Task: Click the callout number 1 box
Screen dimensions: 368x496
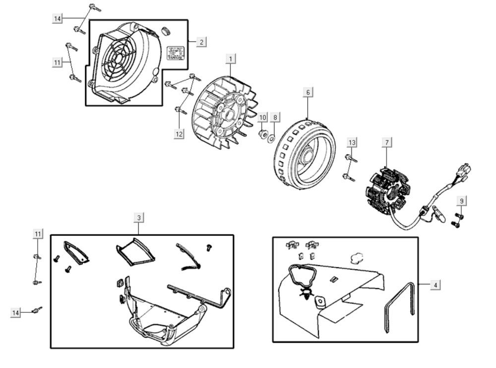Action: [x=230, y=59]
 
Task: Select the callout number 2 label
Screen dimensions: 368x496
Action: [x=201, y=42]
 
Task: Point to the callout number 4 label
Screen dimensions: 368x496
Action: [x=435, y=285]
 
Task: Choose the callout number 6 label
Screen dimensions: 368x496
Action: [x=308, y=92]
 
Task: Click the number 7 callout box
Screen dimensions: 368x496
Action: [x=386, y=143]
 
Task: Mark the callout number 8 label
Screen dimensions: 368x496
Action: [x=275, y=118]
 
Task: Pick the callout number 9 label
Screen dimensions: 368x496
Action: [x=461, y=201]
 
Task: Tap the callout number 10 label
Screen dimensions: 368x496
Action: [x=263, y=118]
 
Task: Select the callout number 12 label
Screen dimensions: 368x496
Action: [x=179, y=133]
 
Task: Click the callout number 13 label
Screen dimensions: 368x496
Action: [x=352, y=143]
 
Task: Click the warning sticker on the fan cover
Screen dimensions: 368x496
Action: [x=176, y=53]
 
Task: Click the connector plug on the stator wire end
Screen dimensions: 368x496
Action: [x=465, y=172]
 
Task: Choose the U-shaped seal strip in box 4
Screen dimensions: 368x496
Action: [x=399, y=306]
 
